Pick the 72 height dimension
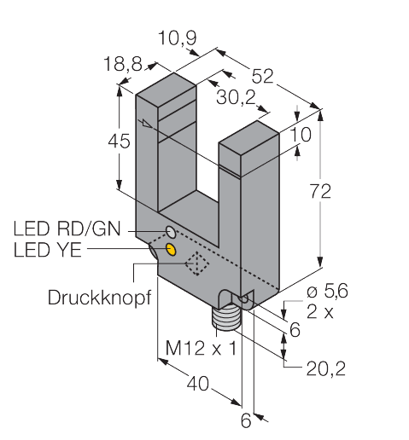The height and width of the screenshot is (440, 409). click(x=319, y=193)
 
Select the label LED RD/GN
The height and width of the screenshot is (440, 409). click(x=69, y=229)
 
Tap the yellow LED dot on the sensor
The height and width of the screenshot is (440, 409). click(x=171, y=249)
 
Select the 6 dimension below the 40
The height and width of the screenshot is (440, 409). click(x=247, y=420)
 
